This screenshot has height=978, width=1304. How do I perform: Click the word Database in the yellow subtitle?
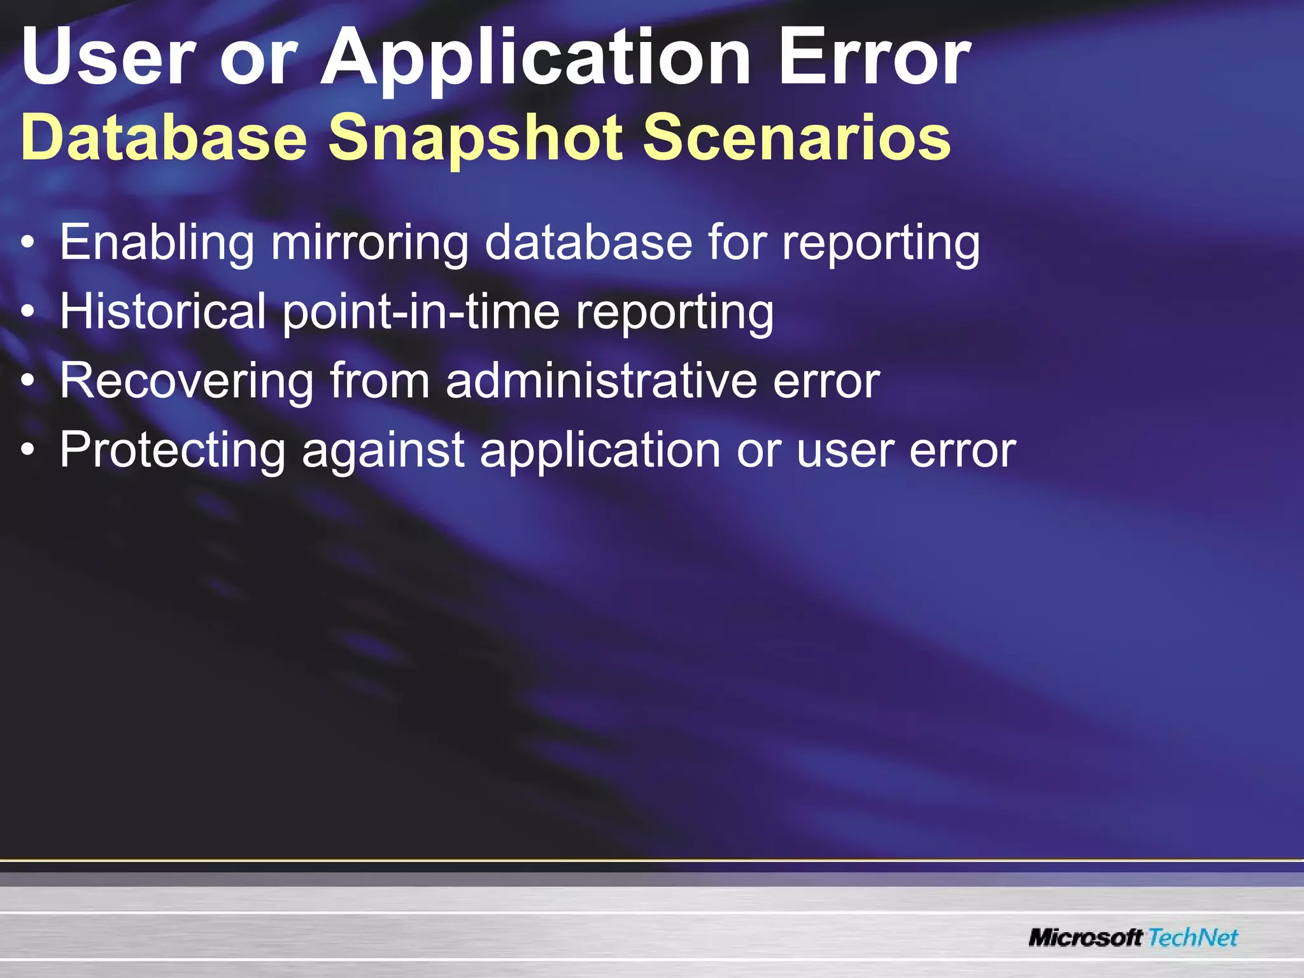point(164,138)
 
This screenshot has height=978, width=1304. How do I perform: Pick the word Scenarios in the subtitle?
point(797,138)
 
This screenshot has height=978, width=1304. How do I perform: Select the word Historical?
point(163,312)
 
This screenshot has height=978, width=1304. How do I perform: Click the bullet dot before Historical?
point(27,312)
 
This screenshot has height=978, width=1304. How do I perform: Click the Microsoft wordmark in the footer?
point(1086,937)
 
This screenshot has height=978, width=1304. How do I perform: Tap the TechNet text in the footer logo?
point(1193,937)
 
